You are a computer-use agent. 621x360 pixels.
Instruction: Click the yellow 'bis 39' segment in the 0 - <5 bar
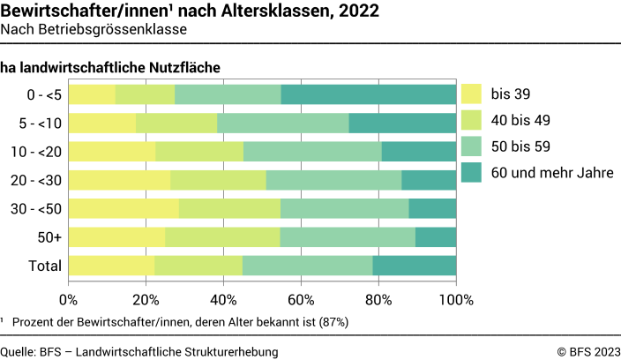[x=92, y=94]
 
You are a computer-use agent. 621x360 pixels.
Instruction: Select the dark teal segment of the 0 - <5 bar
[x=369, y=94]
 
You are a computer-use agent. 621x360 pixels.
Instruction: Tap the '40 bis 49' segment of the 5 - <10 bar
[x=176, y=123]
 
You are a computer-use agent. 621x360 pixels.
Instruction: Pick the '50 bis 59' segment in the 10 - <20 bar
[x=312, y=152]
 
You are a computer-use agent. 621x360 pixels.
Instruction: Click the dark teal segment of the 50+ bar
[x=436, y=236]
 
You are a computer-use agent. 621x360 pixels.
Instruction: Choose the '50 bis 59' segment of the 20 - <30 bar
[x=333, y=180]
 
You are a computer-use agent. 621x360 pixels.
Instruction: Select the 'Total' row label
[x=45, y=266]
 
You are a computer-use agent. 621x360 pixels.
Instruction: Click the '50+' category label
[x=49, y=236]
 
